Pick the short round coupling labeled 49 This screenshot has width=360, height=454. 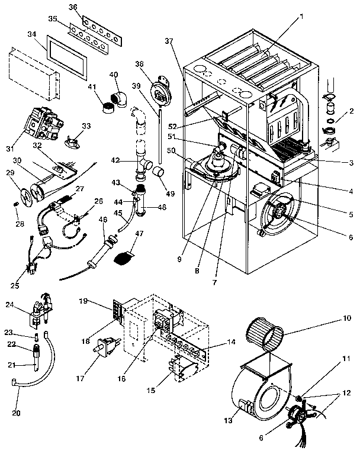pyautogui.click(x=157, y=172)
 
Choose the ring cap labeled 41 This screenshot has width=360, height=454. pyautogui.click(x=108, y=107)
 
